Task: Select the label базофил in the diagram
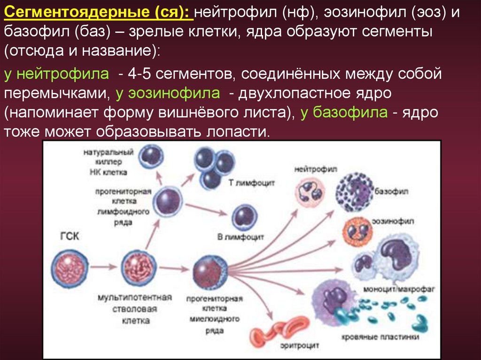pyautogui.click(x=392, y=192)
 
